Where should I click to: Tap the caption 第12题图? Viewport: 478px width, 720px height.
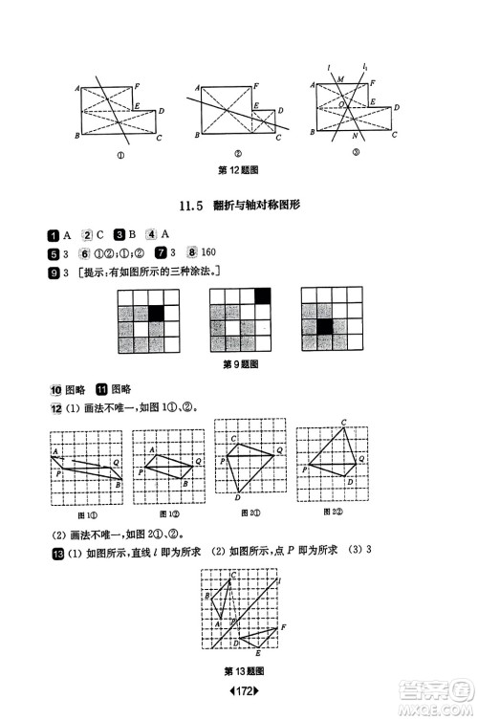[x=238, y=170]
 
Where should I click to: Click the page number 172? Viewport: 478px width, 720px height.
[x=239, y=690]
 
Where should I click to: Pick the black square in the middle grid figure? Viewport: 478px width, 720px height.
[x=263, y=296]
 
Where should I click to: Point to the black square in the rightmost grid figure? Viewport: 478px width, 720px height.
[x=326, y=328]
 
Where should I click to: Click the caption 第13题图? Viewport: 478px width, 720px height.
[x=243, y=669]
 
